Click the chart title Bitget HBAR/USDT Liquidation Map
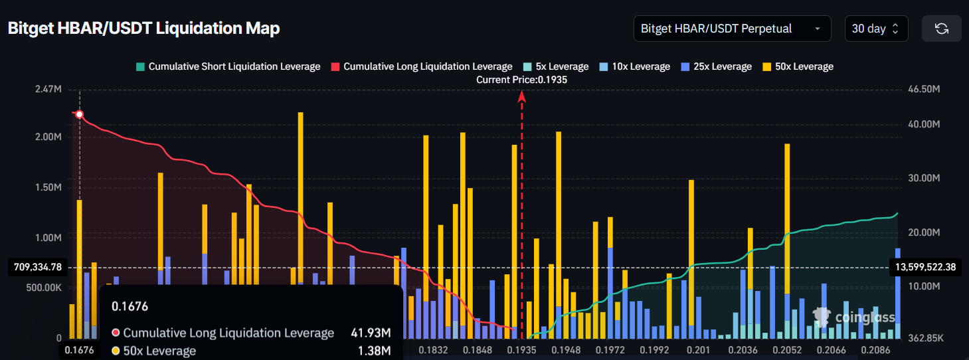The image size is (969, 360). coord(143,29)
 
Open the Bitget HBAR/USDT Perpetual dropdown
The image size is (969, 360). coord(732,29)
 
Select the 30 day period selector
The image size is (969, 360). coord(875,29)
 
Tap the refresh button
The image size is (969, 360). coord(941,29)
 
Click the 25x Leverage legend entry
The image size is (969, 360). coord(711,66)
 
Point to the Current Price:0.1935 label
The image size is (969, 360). coord(522,80)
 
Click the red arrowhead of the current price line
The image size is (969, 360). coord(522,96)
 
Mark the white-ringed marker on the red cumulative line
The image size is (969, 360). coord(80,114)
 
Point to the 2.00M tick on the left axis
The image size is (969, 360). coord(48,137)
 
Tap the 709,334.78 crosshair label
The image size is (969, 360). coord(37,268)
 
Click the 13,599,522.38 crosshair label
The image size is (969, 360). coord(925,267)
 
